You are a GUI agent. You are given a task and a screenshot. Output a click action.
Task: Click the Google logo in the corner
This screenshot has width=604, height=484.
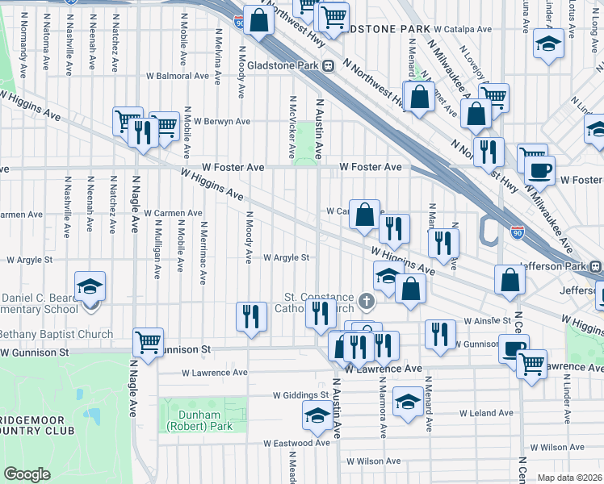(27, 474)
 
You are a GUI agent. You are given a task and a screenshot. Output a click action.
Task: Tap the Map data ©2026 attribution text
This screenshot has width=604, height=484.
(570, 478)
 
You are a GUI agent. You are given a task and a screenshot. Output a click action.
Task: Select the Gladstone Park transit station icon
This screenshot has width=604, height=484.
(329, 66)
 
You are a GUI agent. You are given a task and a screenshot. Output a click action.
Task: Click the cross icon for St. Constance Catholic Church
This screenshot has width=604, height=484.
(367, 302)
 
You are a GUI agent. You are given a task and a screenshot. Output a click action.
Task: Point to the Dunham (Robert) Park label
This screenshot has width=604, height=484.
(192, 419)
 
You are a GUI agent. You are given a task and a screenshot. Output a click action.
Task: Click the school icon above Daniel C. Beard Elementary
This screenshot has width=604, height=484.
(90, 286)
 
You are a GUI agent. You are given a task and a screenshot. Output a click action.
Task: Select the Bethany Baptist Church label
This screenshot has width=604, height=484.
(57, 334)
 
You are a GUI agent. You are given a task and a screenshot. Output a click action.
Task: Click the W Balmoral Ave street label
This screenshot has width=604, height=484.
(178, 77)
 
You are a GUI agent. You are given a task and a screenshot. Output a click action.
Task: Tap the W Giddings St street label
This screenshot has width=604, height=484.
(300, 396)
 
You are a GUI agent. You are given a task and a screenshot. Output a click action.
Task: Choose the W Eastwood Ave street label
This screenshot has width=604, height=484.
(297, 443)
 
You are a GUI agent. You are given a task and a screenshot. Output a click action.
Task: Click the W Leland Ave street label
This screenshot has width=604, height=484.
(486, 413)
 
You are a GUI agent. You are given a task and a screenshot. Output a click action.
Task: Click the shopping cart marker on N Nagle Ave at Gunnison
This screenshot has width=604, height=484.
(149, 342)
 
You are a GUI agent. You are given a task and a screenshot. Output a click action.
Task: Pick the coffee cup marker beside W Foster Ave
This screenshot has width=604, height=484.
(539, 170)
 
